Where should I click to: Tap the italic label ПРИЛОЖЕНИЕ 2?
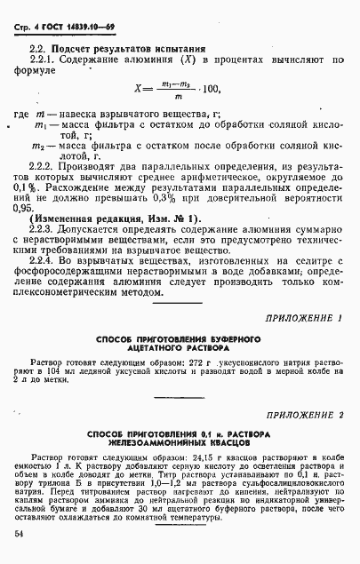(x=298, y=415)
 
